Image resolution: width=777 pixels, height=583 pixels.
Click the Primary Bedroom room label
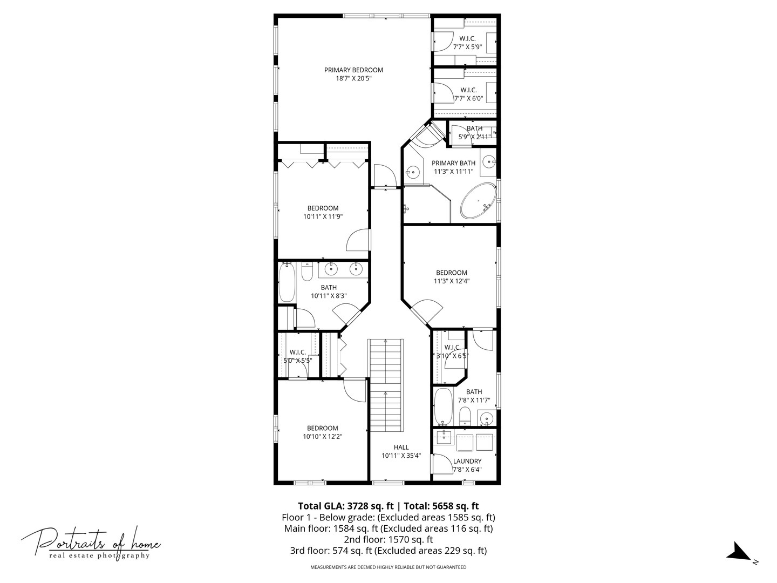(353, 70)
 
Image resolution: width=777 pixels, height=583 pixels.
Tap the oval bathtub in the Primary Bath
(478, 201)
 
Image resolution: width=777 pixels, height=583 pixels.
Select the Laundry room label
(467, 461)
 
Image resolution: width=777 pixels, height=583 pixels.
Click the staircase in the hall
(385, 385)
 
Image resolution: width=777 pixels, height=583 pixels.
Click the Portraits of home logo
(91, 543)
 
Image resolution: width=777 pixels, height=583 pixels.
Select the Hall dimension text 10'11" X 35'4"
(401, 456)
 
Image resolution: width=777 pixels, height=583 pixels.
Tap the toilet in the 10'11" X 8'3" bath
(306, 272)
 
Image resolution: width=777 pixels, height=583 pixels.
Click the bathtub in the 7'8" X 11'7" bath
(443, 406)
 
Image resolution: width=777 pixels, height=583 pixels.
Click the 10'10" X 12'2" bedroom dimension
(323, 437)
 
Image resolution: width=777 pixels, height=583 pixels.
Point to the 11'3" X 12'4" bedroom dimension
(451, 281)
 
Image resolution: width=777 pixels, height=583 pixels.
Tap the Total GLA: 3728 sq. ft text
(345, 506)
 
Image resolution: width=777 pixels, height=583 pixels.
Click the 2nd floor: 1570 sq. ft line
(388, 539)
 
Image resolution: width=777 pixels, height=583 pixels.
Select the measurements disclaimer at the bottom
(388, 567)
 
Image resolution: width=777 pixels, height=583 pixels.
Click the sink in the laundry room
(444, 438)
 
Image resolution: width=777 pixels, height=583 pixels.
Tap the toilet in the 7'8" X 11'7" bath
(465, 416)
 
